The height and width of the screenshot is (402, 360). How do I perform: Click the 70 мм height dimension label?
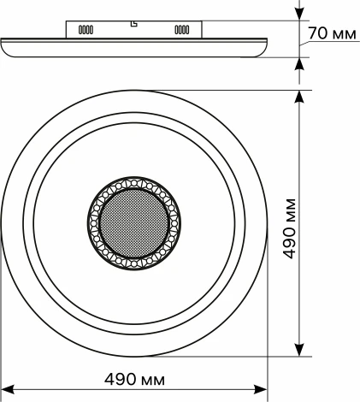pos(332,33)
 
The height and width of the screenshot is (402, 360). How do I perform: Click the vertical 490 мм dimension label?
pos(290,228)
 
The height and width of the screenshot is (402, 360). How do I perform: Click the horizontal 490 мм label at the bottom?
pos(134,380)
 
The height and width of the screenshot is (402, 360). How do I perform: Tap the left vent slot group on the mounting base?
pos(86,30)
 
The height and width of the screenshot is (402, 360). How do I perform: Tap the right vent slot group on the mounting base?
pos(182,30)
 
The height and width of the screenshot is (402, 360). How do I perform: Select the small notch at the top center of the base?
pos(134,23)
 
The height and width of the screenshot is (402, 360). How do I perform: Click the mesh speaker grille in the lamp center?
pos(134,223)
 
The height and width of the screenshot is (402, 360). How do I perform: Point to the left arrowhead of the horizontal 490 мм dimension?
pos(8,389)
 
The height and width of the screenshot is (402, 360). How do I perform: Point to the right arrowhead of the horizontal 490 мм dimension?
pos(261,389)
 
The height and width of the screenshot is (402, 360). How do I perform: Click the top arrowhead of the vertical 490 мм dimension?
pos(298,97)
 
